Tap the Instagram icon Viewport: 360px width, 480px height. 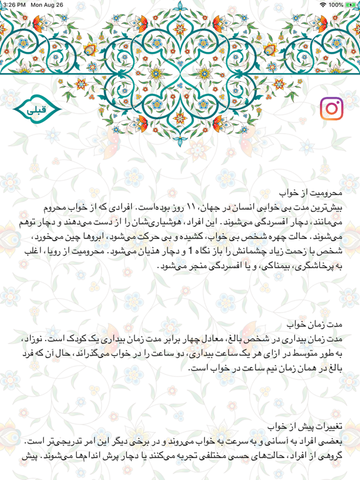pos(332,109)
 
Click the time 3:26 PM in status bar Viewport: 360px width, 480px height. pos(13,4)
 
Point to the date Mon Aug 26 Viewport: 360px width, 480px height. pos(47,4)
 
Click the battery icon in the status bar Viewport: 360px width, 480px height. pos(351,4)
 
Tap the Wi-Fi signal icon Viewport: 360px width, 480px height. pos(322,4)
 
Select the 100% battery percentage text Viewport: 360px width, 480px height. pos(336,4)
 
